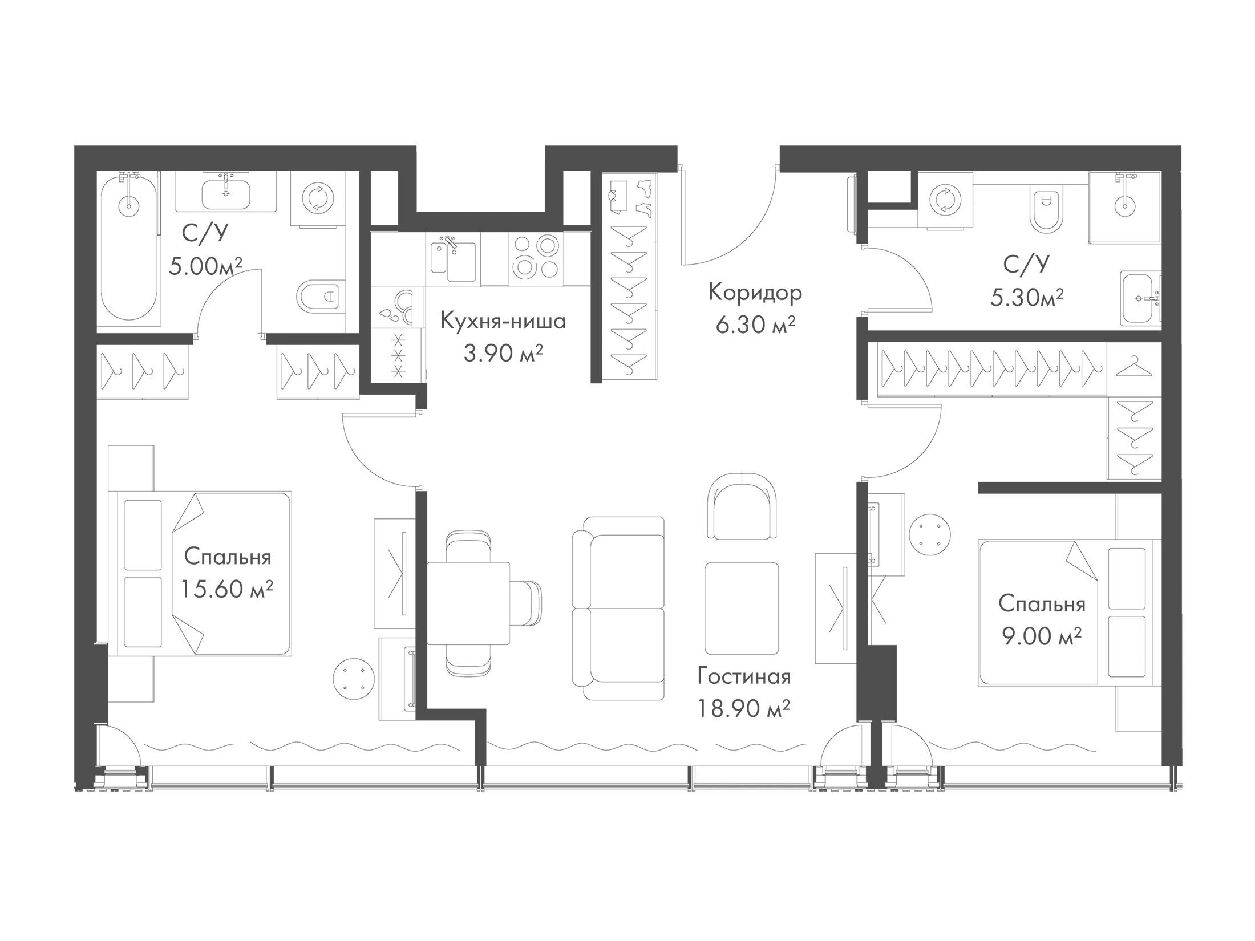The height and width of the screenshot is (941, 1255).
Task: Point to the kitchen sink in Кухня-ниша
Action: tap(453, 260)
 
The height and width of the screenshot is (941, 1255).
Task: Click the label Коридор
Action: tap(755, 293)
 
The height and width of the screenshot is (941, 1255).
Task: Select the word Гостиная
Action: tap(744, 677)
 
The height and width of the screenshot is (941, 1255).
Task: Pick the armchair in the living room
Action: tap(741, 505)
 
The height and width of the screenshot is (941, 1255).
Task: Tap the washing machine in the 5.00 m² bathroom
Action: tap(317, 199)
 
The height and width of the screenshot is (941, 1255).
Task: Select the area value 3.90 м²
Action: tap(503, 354)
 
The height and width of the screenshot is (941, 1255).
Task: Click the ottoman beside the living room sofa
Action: tap(742, 608)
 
